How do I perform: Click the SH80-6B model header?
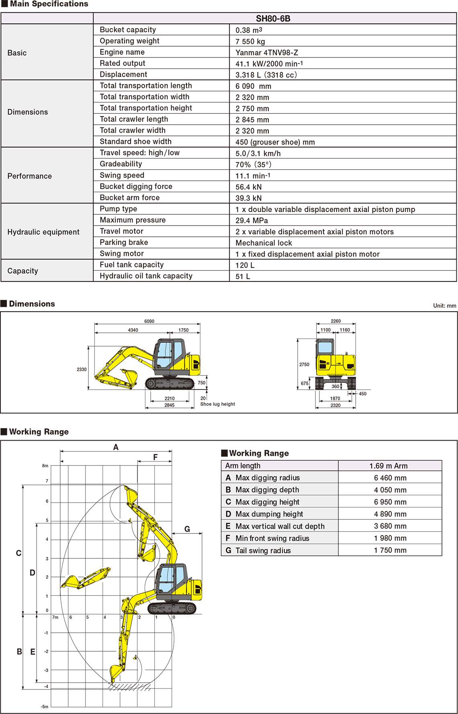[273, 18]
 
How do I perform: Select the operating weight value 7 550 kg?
[250, 41]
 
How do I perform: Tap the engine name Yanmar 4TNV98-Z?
[267, 53]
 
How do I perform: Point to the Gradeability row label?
[121, 164]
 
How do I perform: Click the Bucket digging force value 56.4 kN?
[248, 187]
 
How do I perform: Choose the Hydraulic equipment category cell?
[43, 232]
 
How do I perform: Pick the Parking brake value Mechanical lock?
[264, 243]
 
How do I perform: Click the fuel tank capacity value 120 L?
[245, 265]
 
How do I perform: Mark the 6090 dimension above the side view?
[149, 321]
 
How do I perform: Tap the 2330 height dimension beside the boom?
[82, 369]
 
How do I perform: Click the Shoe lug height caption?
[217, 404]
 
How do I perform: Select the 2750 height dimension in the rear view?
[304, 365]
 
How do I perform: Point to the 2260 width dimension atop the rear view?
[335, 321]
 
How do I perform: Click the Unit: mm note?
[444, 306]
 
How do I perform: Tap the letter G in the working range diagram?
[187, 529]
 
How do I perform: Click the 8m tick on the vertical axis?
[45, 466]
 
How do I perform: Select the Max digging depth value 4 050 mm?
[390, 490]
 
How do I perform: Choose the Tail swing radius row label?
[263, 550]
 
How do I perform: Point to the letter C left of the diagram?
[18, 553]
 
